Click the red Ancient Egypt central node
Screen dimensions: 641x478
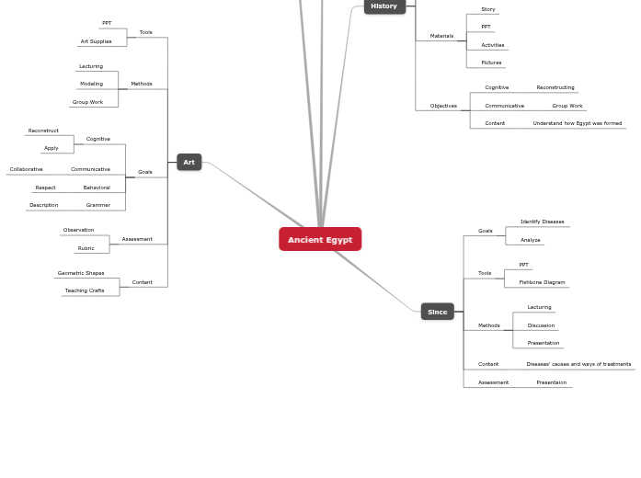point(320,239)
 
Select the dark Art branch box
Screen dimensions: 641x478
point(189,162)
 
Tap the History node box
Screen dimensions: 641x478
point(384,6)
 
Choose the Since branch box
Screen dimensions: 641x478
point(438,312)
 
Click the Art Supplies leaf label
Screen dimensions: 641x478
point(96,41)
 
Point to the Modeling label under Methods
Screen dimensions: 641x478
point(92,84)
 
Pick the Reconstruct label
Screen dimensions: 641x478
point(43,131)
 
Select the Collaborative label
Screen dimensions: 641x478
point(26,169)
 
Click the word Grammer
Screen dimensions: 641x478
point(98,205)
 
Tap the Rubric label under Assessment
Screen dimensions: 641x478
point(86,248)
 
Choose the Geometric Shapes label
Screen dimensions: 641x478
point(81,273)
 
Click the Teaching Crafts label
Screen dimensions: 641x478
point(85,290)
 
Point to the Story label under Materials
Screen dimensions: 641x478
point(488,9)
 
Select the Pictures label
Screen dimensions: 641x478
point(491,63)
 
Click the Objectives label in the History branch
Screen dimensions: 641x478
point(443,106)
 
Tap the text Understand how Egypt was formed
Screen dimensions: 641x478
point(578,123)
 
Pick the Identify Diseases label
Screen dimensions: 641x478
point(542,222)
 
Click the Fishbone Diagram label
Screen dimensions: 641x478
point(542,282)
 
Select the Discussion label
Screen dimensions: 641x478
point(542,325)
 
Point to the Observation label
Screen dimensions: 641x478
point(78,230)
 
